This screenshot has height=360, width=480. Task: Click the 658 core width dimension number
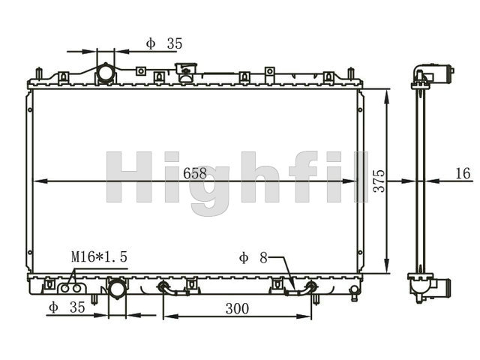point(195,173)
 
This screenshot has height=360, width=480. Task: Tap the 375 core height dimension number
point(379,181)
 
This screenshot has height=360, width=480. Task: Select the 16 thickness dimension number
point(463,173)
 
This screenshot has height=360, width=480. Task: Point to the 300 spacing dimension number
point(237,308)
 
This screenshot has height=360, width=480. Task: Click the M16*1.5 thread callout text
point(99,256)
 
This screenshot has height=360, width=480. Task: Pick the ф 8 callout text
point(253,258)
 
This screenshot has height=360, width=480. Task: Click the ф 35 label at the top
point(164,43)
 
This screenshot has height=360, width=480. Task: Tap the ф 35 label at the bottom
point(67,307)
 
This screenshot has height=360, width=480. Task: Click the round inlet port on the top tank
point(106,73)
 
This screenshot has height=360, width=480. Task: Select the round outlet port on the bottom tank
point(117,289)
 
